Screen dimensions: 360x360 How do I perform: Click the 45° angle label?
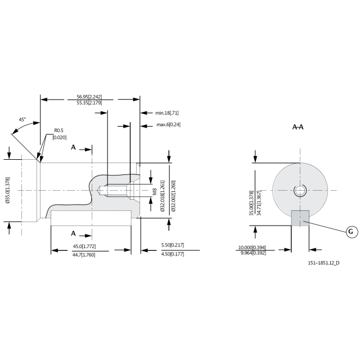22,119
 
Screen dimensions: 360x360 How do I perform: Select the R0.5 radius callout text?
58,130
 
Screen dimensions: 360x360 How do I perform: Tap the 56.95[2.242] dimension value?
89,97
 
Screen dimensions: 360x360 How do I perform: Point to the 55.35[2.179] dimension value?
89,103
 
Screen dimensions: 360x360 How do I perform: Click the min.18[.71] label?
167,113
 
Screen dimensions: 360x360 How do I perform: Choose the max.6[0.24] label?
169,125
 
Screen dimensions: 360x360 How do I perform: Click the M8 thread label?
155,192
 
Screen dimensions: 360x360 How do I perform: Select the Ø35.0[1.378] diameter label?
7,190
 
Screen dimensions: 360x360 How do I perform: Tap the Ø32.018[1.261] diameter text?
163,196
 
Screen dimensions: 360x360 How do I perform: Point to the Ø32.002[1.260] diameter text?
173,196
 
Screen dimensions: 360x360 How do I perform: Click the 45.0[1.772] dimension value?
84,246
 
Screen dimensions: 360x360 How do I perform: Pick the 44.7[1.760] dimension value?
84,255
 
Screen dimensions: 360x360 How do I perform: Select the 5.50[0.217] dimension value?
173,245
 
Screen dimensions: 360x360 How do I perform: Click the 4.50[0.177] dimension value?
173,254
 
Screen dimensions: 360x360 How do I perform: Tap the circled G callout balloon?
352,232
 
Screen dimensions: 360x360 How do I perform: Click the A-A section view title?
298,127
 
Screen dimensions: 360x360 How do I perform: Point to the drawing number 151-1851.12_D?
323,263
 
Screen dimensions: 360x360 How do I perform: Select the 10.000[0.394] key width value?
252,247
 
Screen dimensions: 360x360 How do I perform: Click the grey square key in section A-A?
300,218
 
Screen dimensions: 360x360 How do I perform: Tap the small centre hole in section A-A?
300,190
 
